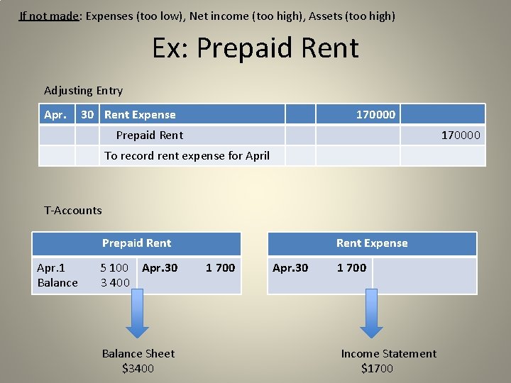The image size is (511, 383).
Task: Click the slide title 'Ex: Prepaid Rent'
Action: click(x=255, y=48)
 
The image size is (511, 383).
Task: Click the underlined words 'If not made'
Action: click(x=49, y=15)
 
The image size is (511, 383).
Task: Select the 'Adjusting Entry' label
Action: click(x=83, y=90)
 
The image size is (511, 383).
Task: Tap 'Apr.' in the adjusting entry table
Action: click(x=55, y=114)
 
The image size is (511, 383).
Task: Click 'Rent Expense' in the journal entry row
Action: click(x=140, y=114)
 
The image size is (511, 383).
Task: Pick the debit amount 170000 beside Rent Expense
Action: click(x=375, y=114)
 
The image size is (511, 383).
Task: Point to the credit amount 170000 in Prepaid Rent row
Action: click(x=461, y=135)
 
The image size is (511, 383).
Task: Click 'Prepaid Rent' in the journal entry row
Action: click(x=149, y=135)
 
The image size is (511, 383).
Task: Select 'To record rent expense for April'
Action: click(x=187, y=155)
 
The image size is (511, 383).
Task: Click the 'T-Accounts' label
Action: click(x=73, y=210)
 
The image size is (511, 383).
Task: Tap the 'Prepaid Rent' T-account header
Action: click(x=136, y=243)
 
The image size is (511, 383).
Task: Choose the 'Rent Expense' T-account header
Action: click(x=372, y=243)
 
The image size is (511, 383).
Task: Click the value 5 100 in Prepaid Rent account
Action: click(x=114, y=267)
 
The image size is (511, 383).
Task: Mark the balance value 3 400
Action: click(x=114, y=282)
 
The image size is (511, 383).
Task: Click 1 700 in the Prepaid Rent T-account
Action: click(x=220, y=267)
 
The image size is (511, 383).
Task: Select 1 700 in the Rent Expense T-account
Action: click(x=351, y=267)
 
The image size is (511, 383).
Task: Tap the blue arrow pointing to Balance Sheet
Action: click(x=138, y=316)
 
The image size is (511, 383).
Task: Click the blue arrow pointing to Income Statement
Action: click(x=371, y=316)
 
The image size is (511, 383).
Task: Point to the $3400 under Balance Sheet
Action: click(x=138, y=368)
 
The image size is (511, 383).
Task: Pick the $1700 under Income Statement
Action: click(x=377, y=368)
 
